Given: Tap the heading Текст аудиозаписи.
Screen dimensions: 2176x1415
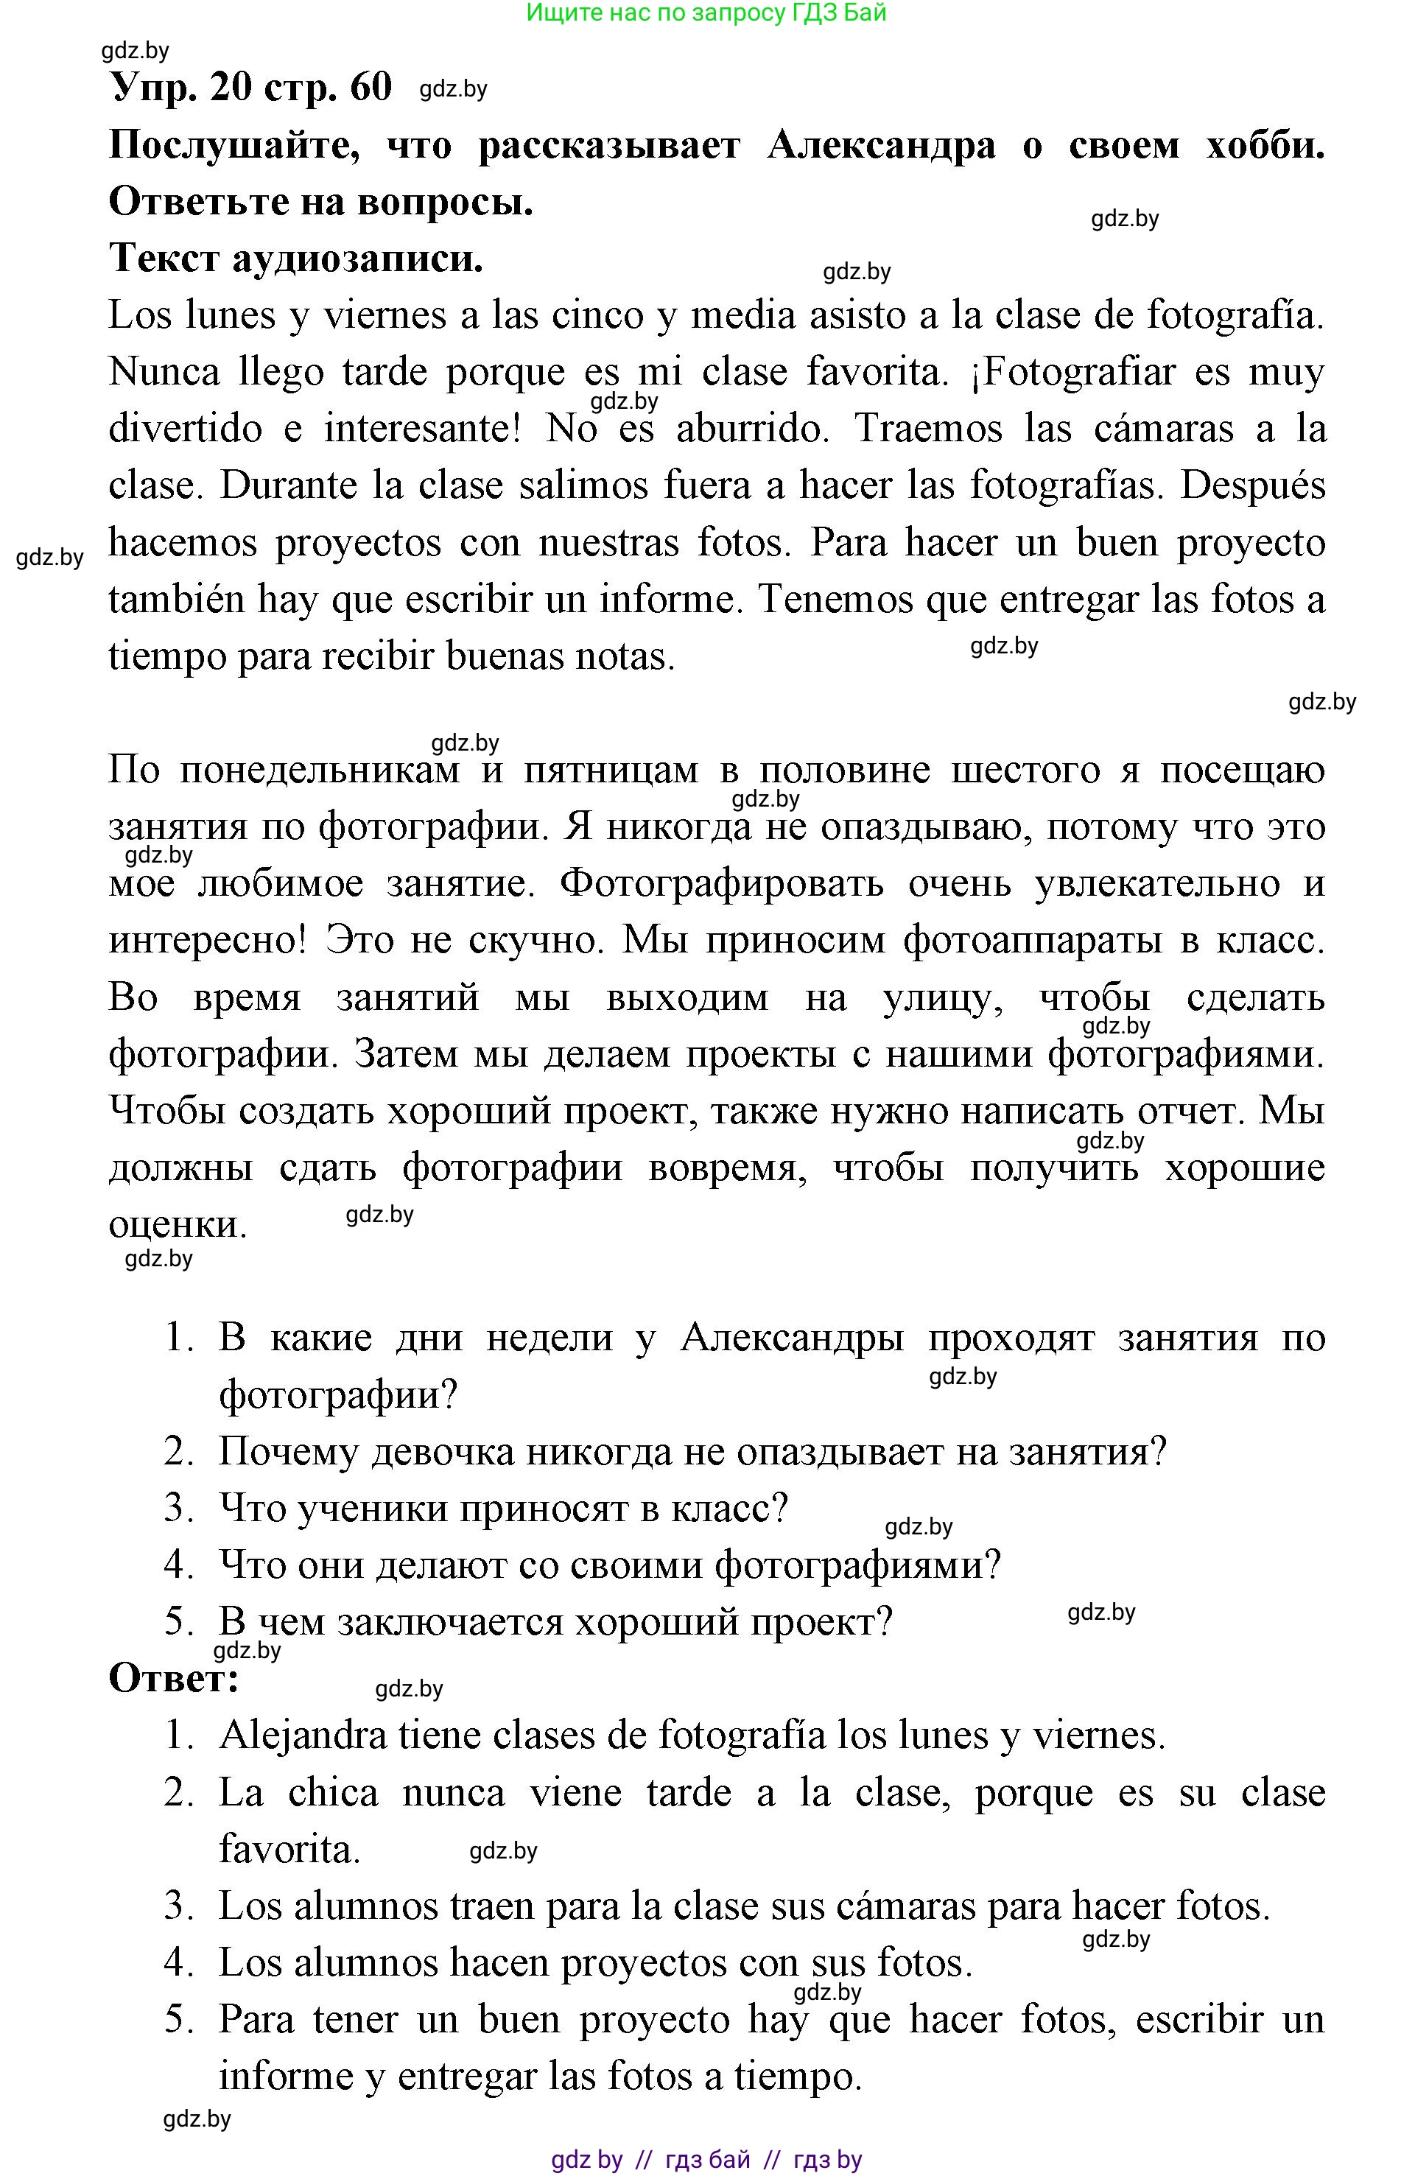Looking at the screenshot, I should [x=295, y=259].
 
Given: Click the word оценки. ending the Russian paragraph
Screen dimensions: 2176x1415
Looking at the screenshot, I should [x=178, y=1225].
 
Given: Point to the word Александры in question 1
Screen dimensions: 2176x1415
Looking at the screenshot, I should [x=793, y=1338].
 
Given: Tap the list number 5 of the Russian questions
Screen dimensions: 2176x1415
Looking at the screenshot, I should [x=178, y=1622].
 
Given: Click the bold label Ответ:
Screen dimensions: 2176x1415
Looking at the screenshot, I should [x=174, y=1679].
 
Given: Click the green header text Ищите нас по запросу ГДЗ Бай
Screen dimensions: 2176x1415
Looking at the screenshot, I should [x=706, y=13].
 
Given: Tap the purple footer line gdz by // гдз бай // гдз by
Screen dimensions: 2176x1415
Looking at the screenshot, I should [x=706, y=2161].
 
